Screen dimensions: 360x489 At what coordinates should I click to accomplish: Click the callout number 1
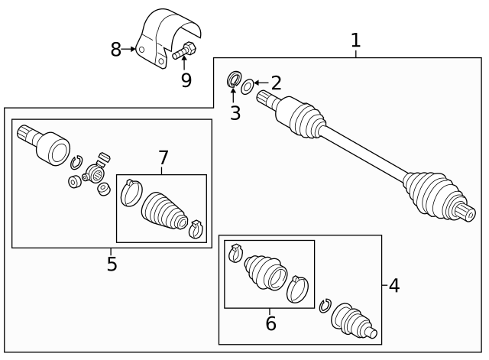tap(355, 41)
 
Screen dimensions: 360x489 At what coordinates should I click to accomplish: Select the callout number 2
tap(277, 83)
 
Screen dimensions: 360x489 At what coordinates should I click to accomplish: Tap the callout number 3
tap(235, 114)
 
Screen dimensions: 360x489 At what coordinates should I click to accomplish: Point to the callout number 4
tap(393, 286)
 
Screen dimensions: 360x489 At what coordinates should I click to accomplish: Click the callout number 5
tap(112, 264)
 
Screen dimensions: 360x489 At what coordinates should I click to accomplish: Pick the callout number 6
tap(270, 323)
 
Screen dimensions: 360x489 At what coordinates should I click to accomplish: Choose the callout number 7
tap(163, 158)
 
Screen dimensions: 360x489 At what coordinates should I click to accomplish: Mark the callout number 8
tap(116, 50)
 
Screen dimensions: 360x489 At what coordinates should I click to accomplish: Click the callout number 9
tap(186, 79)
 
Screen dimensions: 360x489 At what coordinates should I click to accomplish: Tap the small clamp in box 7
tap(196, 227)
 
